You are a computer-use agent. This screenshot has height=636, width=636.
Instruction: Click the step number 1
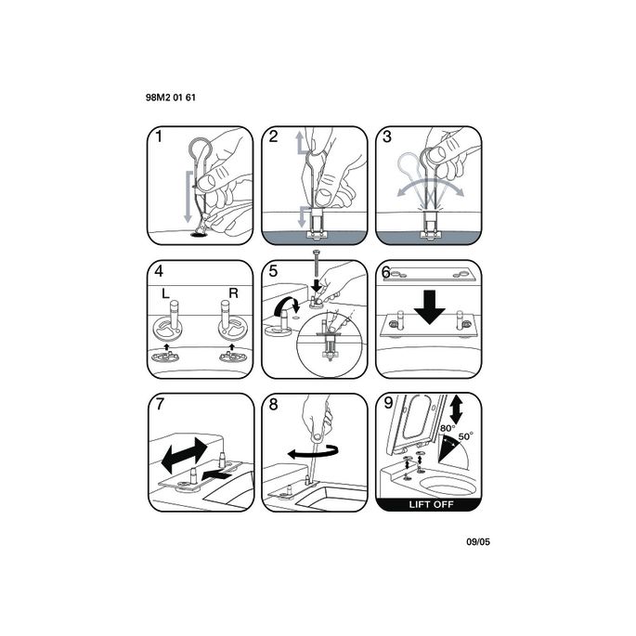(159, 137)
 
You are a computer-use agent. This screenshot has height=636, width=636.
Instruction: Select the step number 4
(160, 272)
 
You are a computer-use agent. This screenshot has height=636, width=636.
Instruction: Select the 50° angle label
(465, 435)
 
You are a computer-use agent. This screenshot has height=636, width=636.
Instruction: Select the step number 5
(273, 272)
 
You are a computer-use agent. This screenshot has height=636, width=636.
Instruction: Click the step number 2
(273, 137)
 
